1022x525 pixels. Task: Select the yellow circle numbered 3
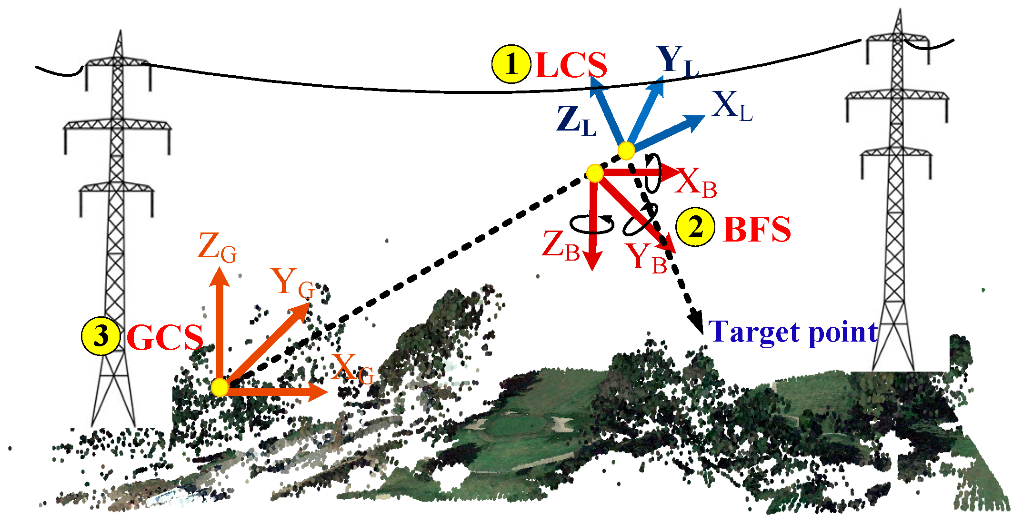(x=100, y=336)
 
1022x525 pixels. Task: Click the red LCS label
(x=571, y=65)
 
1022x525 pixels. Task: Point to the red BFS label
(x=757, y=230)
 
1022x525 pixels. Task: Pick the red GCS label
(x=165, y=338)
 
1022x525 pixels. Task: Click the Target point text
(x=793, y=332)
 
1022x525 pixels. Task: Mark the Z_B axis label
(x=561, y=246)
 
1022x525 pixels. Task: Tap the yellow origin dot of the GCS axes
(x=220, y=387)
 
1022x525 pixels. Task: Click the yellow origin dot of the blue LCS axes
(x=626, y=151)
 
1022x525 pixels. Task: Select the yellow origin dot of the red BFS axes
(x=595, y=173)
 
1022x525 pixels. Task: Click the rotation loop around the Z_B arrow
(x=592, y=224)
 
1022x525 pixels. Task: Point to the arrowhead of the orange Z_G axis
(x=220, y=276)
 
